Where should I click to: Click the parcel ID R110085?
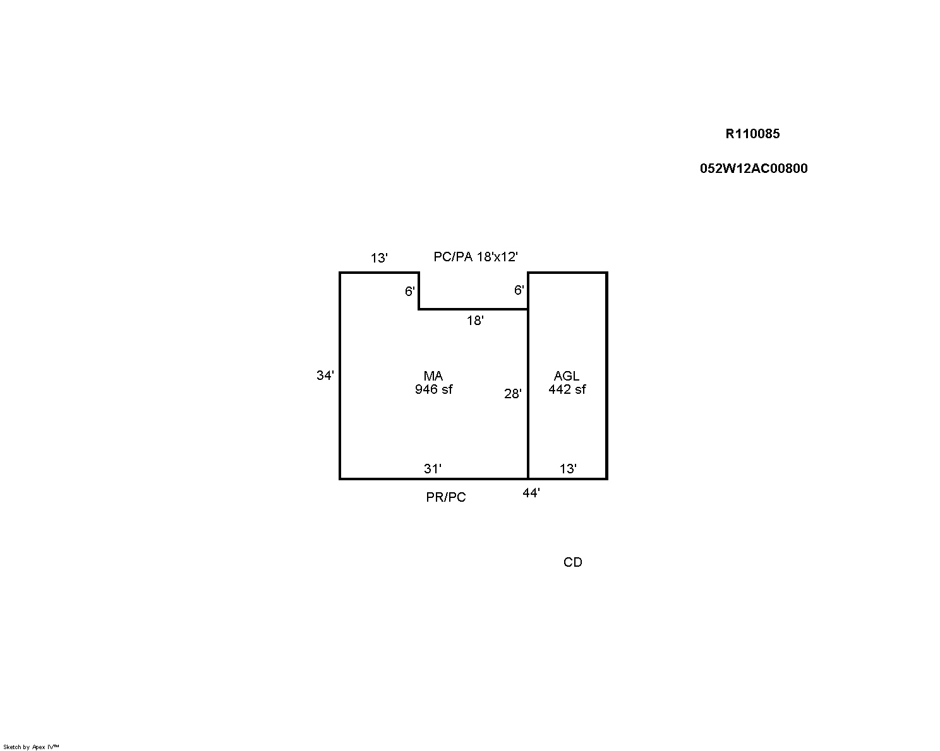[752, 134]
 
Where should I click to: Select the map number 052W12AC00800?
[754, 169]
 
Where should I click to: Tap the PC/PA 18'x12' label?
[475, 257]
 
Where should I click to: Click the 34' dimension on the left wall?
[325, 375]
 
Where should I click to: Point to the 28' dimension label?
[513, 394]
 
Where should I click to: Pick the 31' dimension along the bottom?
[433, 469]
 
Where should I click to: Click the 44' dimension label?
[531, 493]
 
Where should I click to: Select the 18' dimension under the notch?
[475, 321]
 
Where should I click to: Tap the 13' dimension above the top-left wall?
[379, 258]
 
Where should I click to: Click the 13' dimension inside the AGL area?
[568, 469]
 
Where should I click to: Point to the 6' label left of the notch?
[410, 291]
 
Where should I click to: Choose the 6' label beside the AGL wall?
[519, 290]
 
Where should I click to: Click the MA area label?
[433, 375]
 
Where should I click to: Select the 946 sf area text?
[433, 389]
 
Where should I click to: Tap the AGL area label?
[567, 375]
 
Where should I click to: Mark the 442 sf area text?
[567, 389]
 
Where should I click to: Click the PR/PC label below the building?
[445, 497]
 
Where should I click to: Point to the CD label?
[572, 562]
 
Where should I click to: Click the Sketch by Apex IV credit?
[31, 747]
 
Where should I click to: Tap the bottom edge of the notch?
[474, 309]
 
